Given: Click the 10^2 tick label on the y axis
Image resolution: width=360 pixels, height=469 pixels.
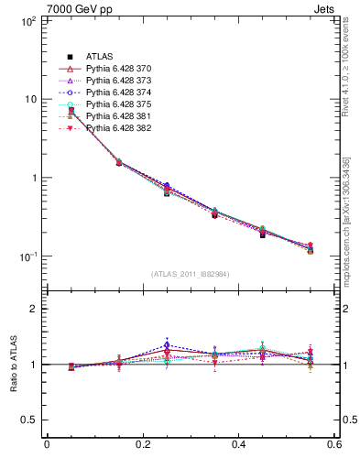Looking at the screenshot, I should pos(27,20).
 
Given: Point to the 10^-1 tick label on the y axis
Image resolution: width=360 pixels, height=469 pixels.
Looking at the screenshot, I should pos(27,256).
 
